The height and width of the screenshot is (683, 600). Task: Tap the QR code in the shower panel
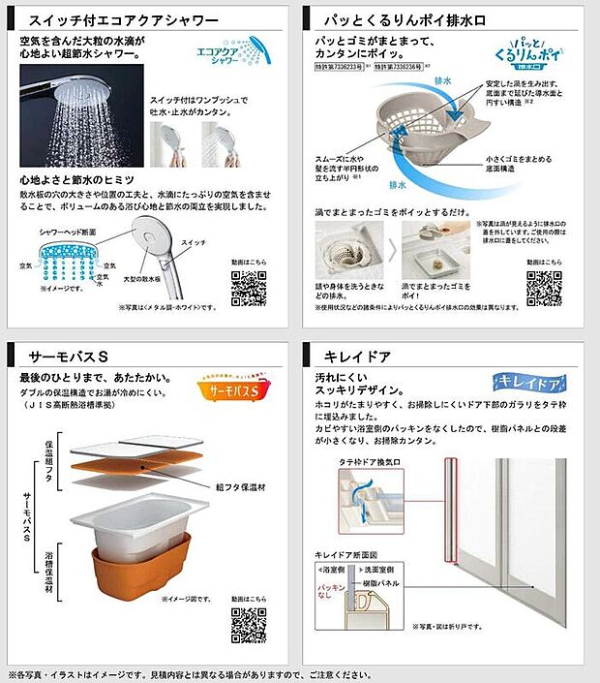[x=247, y=288]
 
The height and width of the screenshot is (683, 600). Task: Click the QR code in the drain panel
[x=543, y=288]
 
